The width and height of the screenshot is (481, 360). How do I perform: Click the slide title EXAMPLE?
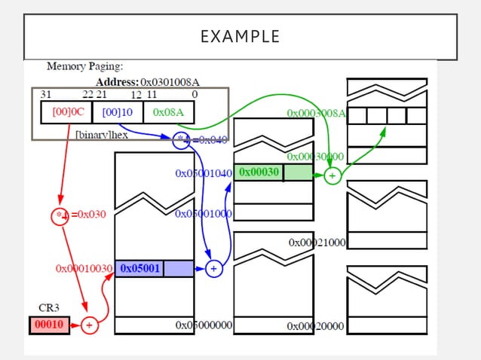[x=240, y=36]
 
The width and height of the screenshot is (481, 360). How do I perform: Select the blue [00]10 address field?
[x=117, y=112]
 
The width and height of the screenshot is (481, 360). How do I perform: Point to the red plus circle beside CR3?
[x=89, y=325]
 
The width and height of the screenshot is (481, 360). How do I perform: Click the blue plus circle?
[x=213, y=268]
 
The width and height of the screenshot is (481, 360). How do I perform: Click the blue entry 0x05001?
[x=139, y=268]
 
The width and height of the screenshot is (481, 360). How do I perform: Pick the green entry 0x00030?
[x=259, y=172]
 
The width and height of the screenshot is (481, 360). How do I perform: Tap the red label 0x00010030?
[x=84, y=268]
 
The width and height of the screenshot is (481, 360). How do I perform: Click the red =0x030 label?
[x=89, y=214]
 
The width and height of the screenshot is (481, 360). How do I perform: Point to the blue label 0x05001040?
[x=203, y=173]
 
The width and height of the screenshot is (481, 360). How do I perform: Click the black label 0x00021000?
[x=317, y=243]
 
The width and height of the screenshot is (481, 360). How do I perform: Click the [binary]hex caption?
[x=101, y=134]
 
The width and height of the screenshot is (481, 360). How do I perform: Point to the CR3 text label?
[x=49, y=308]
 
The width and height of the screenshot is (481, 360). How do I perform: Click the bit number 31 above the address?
[x=45, y=94]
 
